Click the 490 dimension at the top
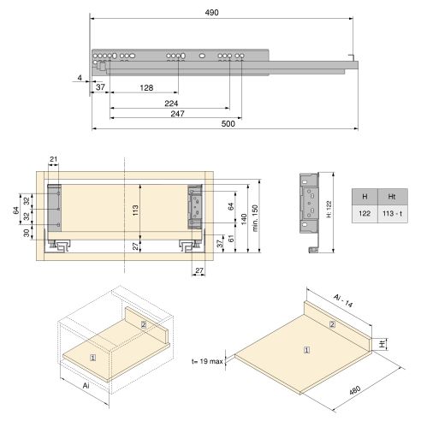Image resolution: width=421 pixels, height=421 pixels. click(222, 13)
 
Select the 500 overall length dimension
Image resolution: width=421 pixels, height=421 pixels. click(228, 125)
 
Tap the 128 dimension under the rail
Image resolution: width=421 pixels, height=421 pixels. click(145, 88)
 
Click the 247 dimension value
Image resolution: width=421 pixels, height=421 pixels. click(177, 113)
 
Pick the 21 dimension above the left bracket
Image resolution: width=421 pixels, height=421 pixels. click(54, 159)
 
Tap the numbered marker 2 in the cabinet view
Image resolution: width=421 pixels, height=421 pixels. click(144, 324)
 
